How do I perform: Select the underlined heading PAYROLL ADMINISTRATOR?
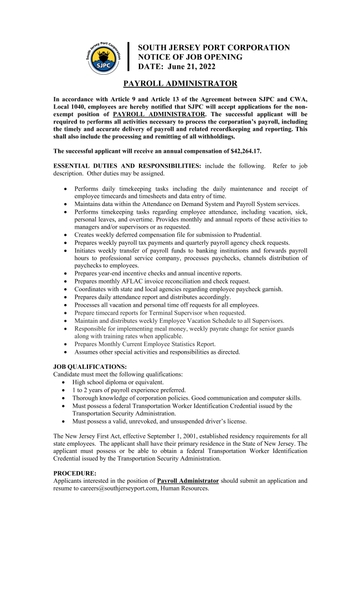point(180,84)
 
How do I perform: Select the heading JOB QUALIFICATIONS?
point(90,367)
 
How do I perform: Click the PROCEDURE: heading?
point(75,473)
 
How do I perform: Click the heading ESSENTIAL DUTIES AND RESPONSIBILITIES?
point(127,166)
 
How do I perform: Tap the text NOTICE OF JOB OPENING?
point(190,57)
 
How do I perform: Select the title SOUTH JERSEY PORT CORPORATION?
point(214,48)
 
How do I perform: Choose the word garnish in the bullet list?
point(269,289)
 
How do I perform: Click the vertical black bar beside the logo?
point(128,56)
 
